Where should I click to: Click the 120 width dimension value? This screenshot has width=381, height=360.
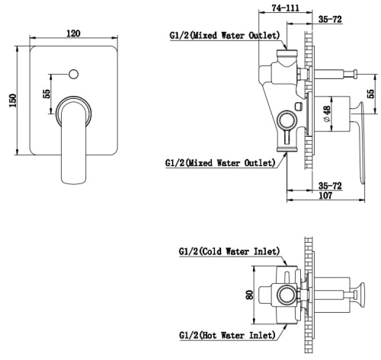(x=73, y=33)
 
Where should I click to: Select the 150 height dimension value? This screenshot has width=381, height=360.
(x=13, y=100)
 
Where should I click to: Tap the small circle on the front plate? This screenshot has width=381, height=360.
(x=73, y=74)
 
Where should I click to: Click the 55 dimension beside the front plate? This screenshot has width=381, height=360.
(x=47, y=94)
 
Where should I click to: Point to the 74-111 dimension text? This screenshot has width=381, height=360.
(x=286, y=8)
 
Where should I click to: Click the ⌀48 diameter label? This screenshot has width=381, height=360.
(x=327, y=113)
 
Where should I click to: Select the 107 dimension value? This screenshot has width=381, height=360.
(x=325, y=196)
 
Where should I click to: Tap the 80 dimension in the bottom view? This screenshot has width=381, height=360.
(x=250, y=295)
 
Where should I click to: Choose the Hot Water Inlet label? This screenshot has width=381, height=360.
(x=227, y=336)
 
